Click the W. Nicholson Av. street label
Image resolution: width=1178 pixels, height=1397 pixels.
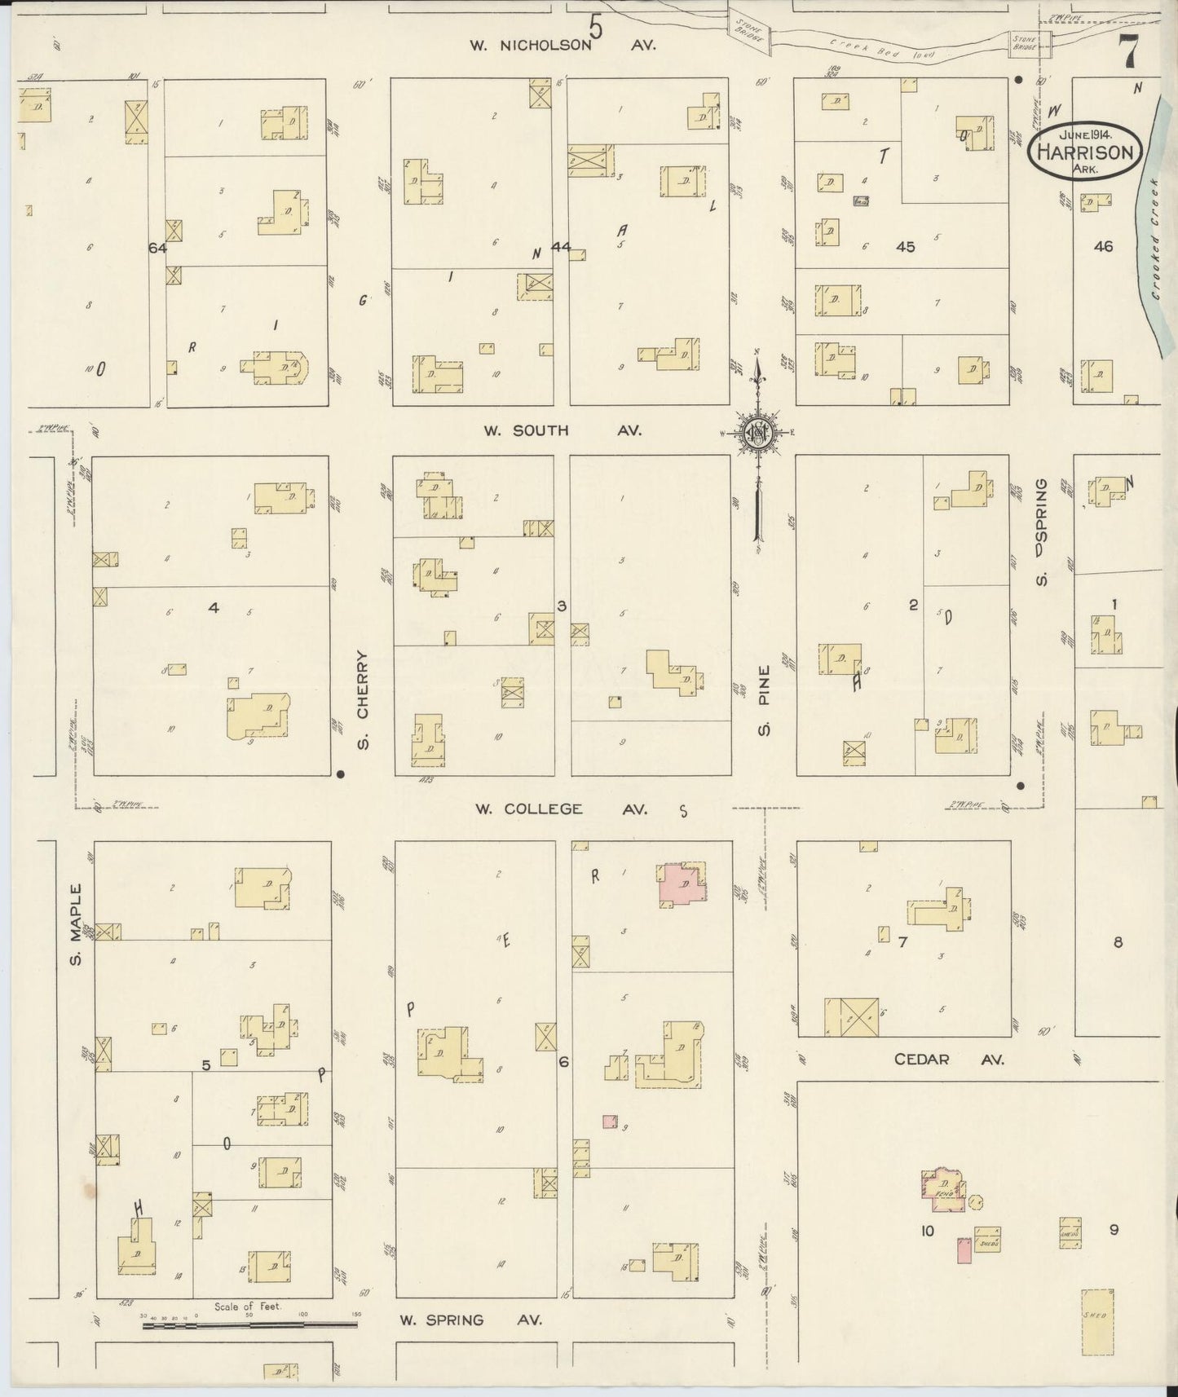[x=563, y=46]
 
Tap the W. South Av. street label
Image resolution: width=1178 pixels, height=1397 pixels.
[x=563, y=430]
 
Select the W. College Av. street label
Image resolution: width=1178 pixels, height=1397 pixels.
[x=562, y=809]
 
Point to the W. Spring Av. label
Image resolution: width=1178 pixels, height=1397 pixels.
[x=470, y=1320]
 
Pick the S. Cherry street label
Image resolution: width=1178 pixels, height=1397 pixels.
[x=364, y=699]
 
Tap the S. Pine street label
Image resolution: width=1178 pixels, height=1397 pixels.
[x=764, y=707]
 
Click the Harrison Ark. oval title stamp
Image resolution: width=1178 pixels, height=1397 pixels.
[x=1083, y=151]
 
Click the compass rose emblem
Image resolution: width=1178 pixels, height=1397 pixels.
[x=758, y=434]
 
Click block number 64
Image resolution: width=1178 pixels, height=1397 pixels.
[x=157, y=248]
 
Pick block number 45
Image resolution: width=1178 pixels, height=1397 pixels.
[x=906, y=247]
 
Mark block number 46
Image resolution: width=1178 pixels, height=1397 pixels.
[x=1103, y=246]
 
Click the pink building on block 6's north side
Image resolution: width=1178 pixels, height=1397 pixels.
[x=682, y=884]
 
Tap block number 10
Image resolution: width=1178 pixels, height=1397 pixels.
[x=927, y=1231]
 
